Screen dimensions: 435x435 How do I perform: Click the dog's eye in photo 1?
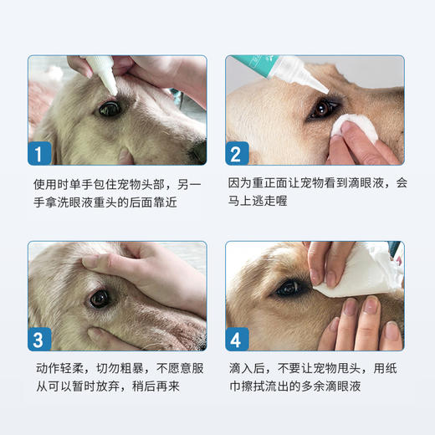(x=110, y=108)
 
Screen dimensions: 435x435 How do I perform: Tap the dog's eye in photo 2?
(x=321, y=108)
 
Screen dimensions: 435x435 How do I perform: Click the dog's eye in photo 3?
(x=101, y=298)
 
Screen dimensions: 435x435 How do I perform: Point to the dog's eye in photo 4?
(x=289, y=288)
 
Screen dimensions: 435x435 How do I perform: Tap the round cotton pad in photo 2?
(x=349, y=125)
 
